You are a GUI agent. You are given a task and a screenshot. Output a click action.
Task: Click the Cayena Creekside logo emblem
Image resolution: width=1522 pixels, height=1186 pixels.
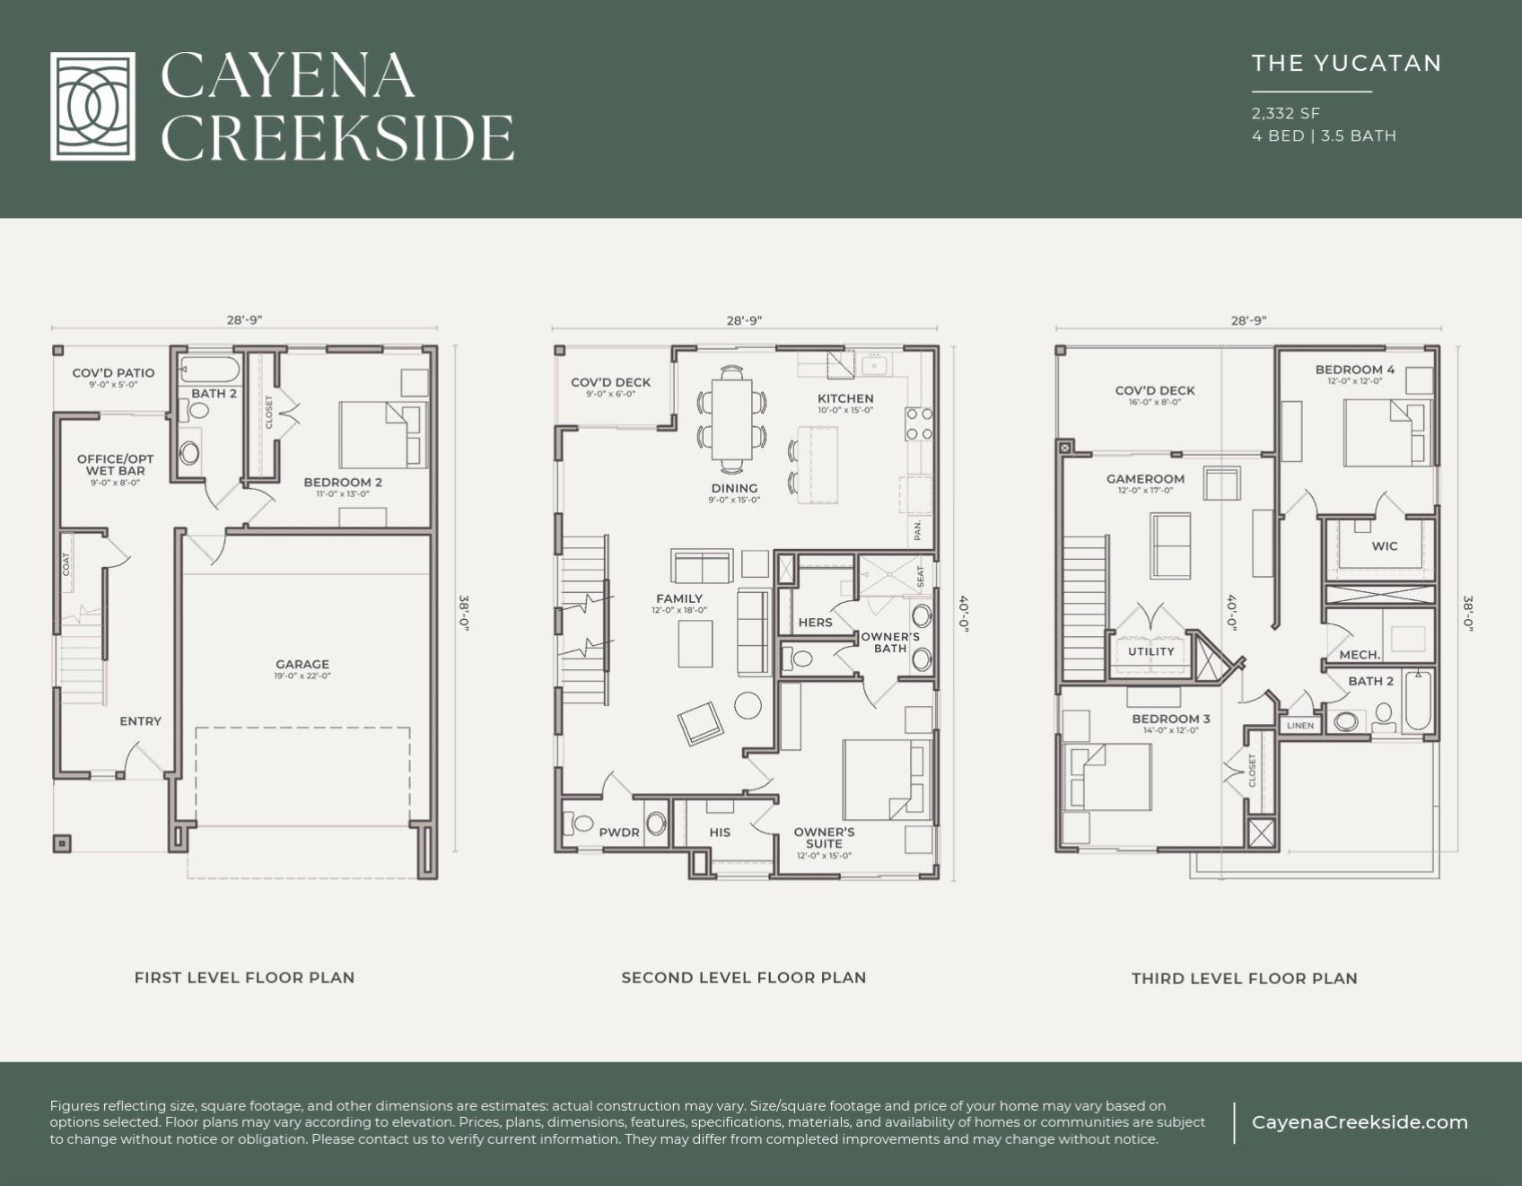[92, 106]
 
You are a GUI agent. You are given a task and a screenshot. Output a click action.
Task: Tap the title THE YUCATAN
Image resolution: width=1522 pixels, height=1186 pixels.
[1346, 63]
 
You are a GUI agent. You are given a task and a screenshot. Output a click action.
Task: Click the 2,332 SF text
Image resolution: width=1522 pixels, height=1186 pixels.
[1285, 113]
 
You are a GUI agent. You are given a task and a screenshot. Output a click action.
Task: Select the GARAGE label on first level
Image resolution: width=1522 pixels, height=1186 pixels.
[302, 665]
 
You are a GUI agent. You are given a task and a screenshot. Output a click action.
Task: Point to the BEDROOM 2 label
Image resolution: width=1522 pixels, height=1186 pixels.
[343, 482]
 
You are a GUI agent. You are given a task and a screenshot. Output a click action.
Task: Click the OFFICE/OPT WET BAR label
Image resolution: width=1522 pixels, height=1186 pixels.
[115, 465]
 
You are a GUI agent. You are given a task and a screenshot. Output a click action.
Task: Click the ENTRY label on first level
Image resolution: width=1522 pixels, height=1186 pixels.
[141, 721]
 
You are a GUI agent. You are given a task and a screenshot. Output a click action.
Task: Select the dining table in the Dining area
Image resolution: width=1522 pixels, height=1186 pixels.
[731, 418]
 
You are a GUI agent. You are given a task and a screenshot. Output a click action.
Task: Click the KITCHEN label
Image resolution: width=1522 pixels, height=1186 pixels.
[844, 398]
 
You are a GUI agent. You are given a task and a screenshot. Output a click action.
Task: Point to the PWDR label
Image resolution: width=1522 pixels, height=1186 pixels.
[619, 833]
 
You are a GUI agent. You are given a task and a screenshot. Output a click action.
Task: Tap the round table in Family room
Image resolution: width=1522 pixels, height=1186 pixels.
[748, 705]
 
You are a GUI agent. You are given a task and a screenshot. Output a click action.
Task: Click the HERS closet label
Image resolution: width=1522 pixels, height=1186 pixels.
[815, 623]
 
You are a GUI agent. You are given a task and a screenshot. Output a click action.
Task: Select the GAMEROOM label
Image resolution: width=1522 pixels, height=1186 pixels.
[1145, 479]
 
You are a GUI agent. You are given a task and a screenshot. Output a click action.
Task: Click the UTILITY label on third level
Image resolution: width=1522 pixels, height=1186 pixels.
[1150, 651]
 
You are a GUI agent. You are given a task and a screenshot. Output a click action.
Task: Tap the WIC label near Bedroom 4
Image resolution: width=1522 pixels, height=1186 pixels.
[1384, 545]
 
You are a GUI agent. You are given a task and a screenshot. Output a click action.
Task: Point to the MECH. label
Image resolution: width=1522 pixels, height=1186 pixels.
[1360, 655]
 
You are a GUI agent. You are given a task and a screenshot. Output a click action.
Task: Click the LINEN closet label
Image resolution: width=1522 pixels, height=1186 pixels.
[1300, 725]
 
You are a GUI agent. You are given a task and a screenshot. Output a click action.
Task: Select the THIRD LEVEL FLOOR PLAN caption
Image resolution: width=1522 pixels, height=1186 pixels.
[1244, 979]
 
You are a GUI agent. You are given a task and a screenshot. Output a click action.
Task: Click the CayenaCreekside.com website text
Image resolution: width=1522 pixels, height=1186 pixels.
[1360, 1122]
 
